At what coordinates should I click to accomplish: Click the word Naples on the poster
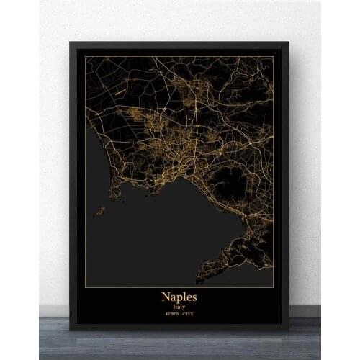point(180,297)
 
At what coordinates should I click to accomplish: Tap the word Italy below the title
point(180,307)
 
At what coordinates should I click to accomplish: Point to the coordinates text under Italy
point(180,314)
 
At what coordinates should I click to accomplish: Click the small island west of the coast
point(99,212)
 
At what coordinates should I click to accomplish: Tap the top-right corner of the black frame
point(288,43)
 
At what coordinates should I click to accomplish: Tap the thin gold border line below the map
point(180,287)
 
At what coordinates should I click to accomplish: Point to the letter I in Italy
point(174,307)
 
